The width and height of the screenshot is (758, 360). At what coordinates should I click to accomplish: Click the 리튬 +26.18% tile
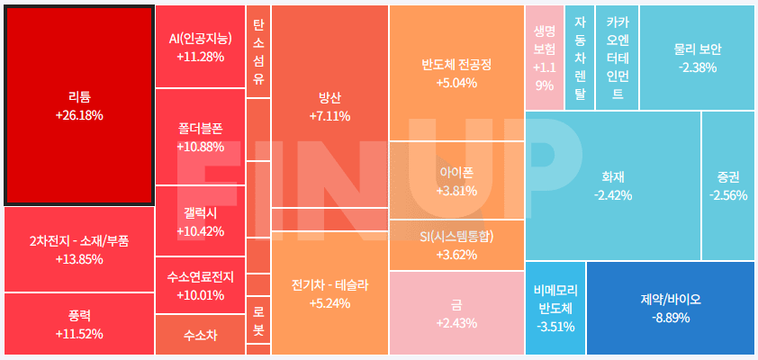[x=79, y=104]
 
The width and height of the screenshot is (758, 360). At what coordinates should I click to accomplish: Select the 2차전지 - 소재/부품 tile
[x=79, y=249]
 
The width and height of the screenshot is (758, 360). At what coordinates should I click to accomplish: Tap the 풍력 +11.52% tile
[x=79, y=324]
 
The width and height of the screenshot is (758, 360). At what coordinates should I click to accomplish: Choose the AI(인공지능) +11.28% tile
[x=200, y=47]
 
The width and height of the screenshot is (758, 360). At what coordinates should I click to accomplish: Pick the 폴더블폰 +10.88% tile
[x=200, y=137]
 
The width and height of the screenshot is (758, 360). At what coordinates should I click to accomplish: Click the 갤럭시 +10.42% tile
[x=200, y=220]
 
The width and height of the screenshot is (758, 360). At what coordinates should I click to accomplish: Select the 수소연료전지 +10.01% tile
[x=200, y=285]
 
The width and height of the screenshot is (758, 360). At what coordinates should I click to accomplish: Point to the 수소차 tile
[x=200, y=335]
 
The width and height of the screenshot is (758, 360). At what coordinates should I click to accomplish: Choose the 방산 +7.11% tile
[x=329, y=106]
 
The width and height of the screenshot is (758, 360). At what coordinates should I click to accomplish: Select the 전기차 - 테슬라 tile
[x=329, y=293]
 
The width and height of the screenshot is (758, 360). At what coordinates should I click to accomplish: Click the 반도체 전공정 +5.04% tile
[x=456, y=74]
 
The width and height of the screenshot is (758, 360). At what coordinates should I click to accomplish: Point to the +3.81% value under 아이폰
[x=456, y=191]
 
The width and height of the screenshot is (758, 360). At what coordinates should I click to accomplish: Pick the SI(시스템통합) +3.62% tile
[x=456, y=245]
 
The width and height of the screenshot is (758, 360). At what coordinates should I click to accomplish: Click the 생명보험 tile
[x=544, y=58]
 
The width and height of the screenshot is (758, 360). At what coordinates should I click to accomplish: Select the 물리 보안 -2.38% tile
[x=698, y=58]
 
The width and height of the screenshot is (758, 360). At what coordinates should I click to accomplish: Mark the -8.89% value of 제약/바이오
[x=671, y=318]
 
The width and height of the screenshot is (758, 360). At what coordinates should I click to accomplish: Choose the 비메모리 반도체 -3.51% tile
[x=555, y=308]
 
